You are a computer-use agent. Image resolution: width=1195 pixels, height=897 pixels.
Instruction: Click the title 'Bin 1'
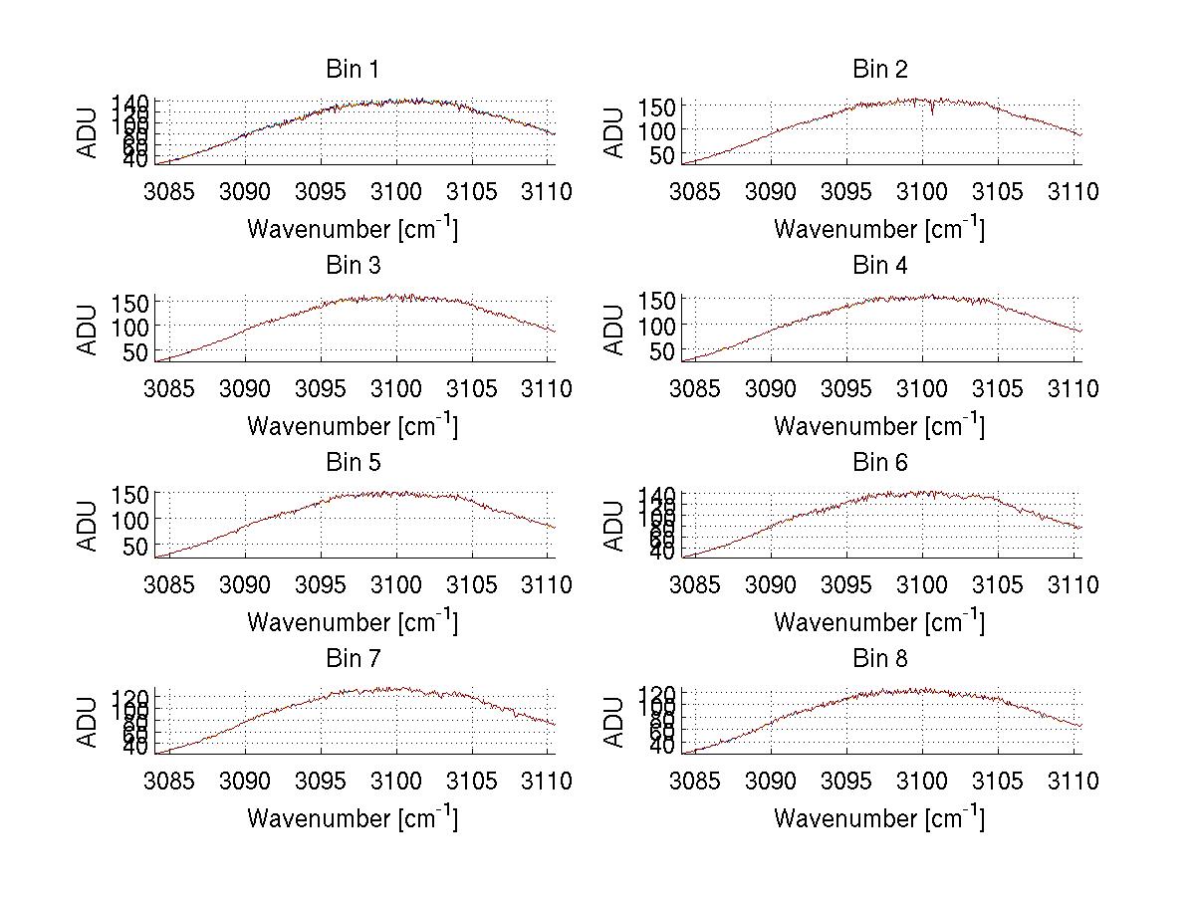coord(352,70)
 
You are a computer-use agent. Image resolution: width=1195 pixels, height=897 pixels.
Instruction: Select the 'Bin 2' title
coord(880,70)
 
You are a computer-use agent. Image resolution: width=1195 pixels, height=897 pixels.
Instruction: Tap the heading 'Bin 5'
coord(352,463)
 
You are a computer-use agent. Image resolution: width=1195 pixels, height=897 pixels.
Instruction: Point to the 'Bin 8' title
coord(880,659)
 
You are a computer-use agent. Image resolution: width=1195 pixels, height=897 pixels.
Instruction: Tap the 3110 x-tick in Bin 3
coord(548,388)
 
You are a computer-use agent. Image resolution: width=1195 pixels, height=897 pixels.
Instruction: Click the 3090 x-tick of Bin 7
coord(245,782)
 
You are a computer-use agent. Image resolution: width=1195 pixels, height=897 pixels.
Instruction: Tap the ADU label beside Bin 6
coord(615,525)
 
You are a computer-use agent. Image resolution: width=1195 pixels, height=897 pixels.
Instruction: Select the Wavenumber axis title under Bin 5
coord(352,622)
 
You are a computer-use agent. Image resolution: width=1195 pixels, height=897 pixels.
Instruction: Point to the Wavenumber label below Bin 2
coord(878,229)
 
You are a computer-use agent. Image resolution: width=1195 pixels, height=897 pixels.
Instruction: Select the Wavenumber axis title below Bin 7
coord(352,818)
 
